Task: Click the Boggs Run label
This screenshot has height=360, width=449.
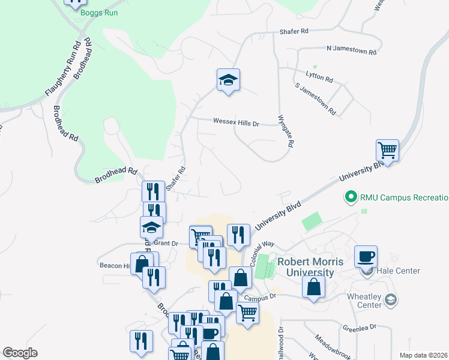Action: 100,13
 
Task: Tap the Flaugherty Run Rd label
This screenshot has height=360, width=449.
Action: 63,70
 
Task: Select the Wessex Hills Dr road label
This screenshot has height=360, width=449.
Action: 236,122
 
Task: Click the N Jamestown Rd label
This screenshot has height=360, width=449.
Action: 352,49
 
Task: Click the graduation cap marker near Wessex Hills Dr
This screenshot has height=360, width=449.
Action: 228,80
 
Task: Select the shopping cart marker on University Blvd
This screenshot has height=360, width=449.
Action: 388,151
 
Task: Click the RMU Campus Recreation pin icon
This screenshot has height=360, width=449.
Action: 349,197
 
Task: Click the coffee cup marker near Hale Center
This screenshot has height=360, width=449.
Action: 366,256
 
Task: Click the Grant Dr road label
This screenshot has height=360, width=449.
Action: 167,244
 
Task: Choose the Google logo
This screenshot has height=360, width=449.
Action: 20,353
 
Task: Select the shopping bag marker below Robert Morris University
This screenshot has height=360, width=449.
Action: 314,287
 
